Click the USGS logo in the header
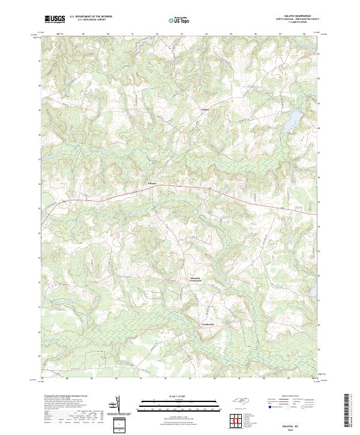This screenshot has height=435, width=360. tap(55, 19)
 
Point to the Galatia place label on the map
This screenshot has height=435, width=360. tap(205, 109)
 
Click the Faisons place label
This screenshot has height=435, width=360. tap(152, 184)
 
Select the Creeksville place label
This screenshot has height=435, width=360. tap(206, 325)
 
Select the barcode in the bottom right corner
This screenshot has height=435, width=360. tap(350, 412)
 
